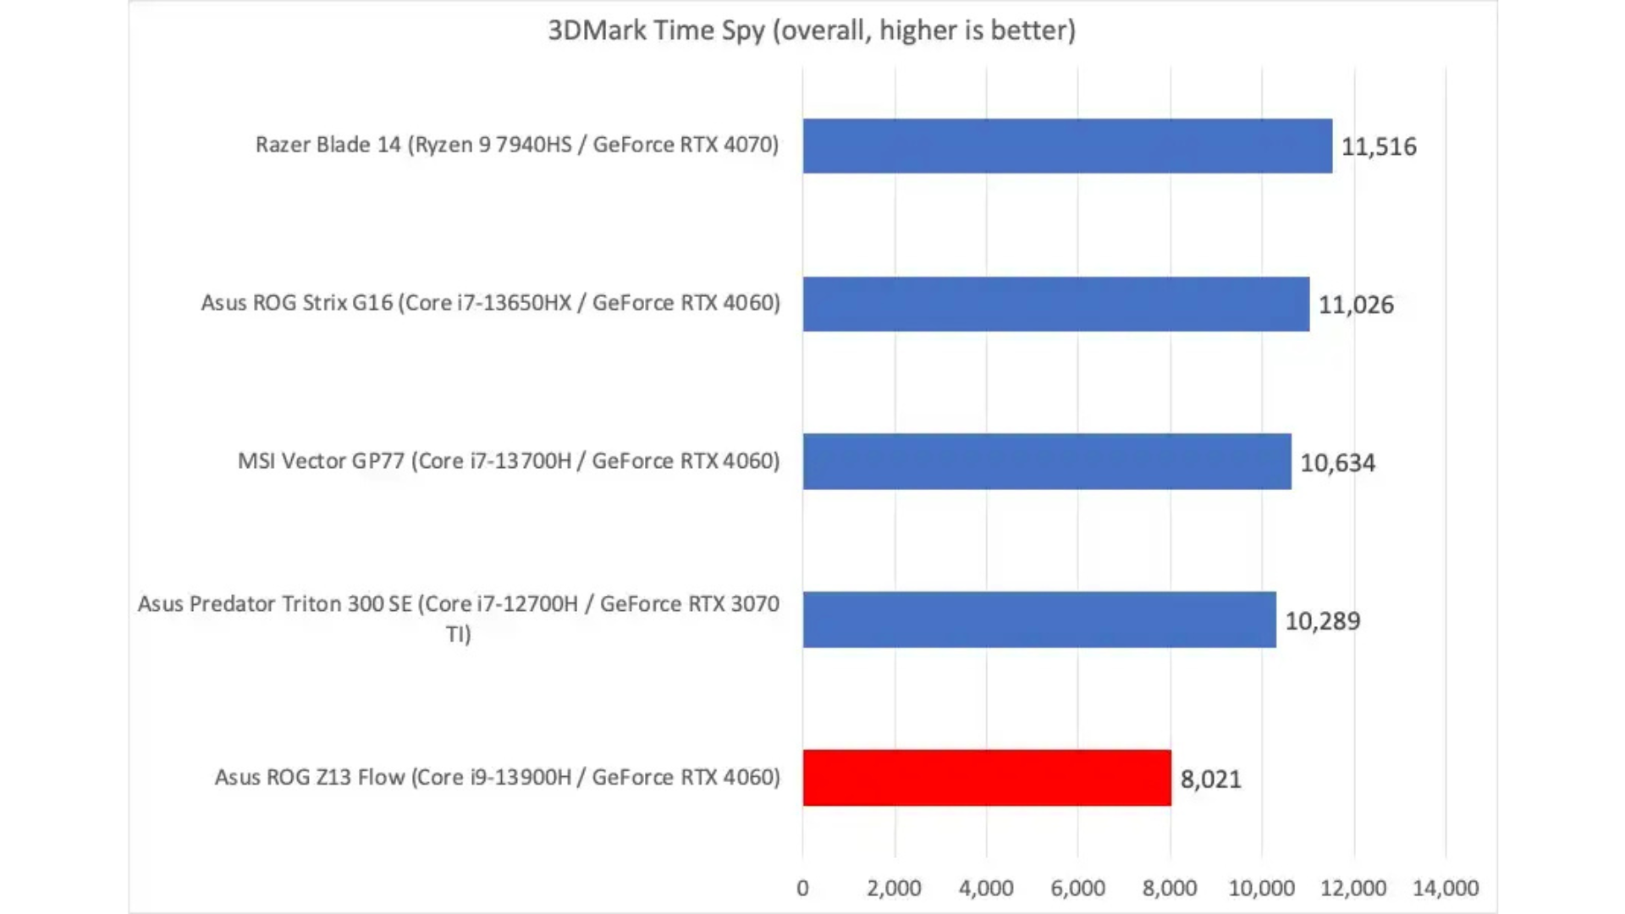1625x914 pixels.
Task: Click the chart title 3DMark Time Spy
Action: (811, 30)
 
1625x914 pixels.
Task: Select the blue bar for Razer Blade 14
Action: (1066, 146)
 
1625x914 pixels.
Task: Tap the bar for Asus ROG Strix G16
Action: (1055, 304)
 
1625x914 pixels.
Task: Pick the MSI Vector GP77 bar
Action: (1046, 461)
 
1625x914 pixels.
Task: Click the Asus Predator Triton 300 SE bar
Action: (1038, 619)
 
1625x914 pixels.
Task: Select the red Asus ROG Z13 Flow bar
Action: (986, 778)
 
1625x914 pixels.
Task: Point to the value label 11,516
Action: (1378, 146)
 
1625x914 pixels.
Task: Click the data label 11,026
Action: (1355, 305)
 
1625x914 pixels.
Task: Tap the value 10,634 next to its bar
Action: (1337, 463)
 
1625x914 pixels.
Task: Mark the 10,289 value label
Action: (1322, 621)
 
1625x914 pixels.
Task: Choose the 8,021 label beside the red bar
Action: (1210, 779)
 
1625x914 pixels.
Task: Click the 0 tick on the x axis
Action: (802, 888)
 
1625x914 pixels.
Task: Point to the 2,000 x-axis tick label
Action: (894, 888)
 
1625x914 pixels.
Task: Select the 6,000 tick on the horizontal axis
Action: (1077, 888)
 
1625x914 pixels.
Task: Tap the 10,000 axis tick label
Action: (1261, 888)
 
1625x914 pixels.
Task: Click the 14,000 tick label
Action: (1445, 888)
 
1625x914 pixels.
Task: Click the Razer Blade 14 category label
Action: (516, 145)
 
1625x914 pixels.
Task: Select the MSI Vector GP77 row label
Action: (508, 461)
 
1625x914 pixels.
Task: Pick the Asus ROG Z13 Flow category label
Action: (497, 777)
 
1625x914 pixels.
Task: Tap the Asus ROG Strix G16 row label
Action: (490, 303)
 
